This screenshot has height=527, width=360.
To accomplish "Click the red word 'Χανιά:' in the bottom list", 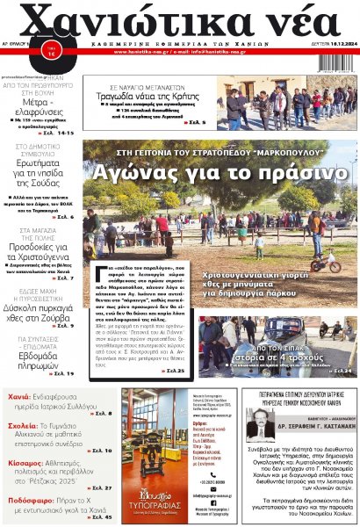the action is (19, 396).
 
